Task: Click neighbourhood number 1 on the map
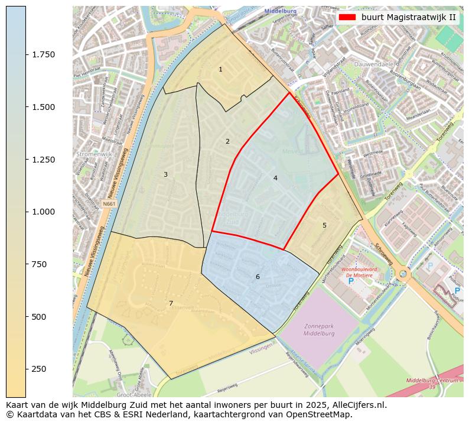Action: (x=220, y=70)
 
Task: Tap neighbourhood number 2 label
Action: (x=227, y=142)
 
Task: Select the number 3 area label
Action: (x=165, y=174)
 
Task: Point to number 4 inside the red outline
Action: (x=275, y=178)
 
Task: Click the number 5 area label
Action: (x=324, y=226)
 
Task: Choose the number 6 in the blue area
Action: (x=258, y=277)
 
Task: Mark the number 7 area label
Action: (x=171, y=304)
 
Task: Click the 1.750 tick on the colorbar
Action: (x=43, y=54)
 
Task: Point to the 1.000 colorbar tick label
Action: (x=43, y=212)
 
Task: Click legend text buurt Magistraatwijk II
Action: (x=408, y=17)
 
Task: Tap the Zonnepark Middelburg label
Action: (x=319, y=330)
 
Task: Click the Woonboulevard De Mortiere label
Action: (x=361, y=272)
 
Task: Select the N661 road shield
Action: (x=109, y=204)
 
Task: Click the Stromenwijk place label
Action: (x=90, y=154)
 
